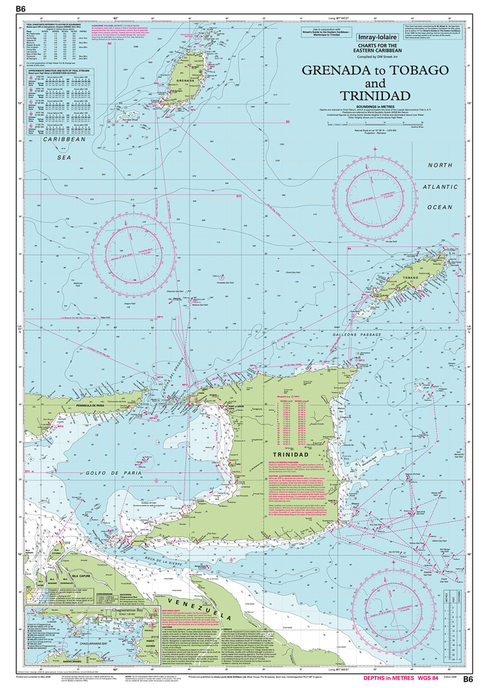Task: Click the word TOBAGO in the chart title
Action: [x=416, y=71]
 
